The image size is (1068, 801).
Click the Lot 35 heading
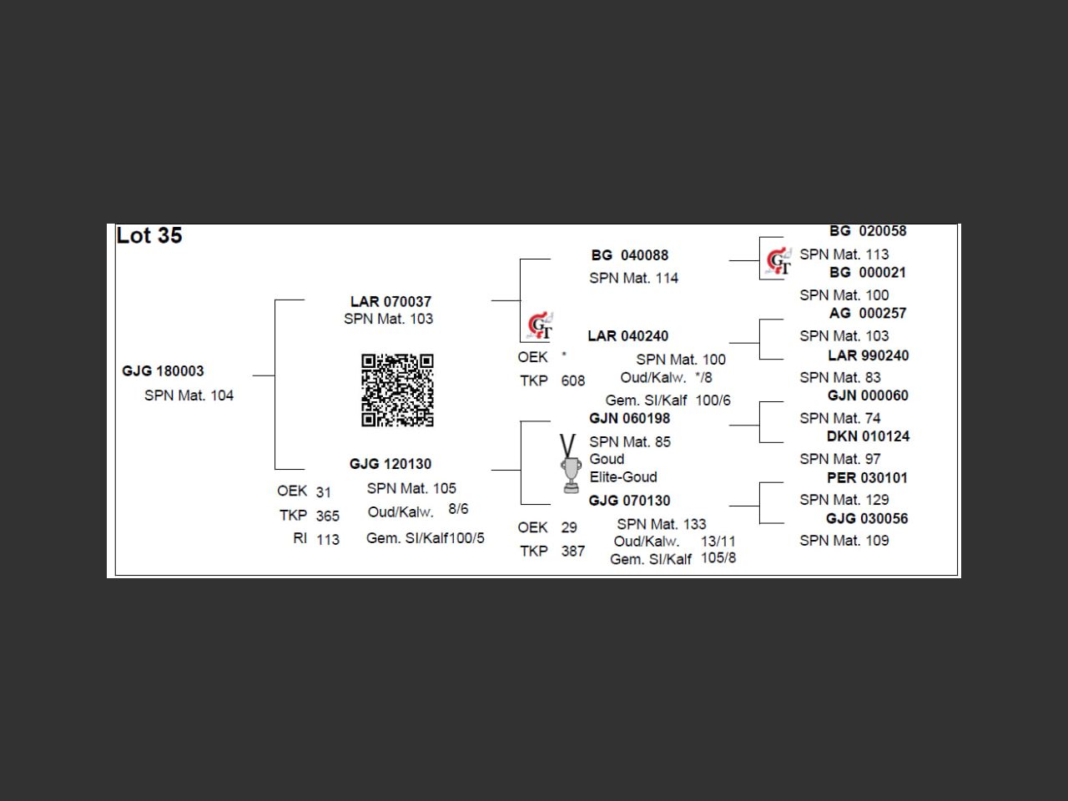149,236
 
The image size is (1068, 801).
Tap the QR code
397,390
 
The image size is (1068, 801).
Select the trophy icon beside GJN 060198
570,463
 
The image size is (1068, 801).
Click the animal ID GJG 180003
163,371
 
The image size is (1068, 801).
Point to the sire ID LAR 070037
390,301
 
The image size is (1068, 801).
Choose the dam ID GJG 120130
390,464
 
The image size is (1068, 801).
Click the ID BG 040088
630,255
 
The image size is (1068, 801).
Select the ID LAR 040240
627,336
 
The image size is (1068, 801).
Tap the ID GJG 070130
629,501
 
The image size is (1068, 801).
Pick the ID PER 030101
867,478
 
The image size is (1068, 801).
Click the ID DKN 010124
868,436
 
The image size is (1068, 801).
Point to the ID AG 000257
868,314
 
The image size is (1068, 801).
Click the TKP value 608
572,381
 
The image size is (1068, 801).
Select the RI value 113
328,540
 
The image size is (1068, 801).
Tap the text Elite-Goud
623,477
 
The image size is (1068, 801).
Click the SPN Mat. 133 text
661,524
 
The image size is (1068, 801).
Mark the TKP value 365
328,516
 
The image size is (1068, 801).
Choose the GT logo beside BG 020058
778,261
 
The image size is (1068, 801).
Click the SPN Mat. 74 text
839,418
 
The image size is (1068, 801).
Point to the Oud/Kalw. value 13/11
718,542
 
